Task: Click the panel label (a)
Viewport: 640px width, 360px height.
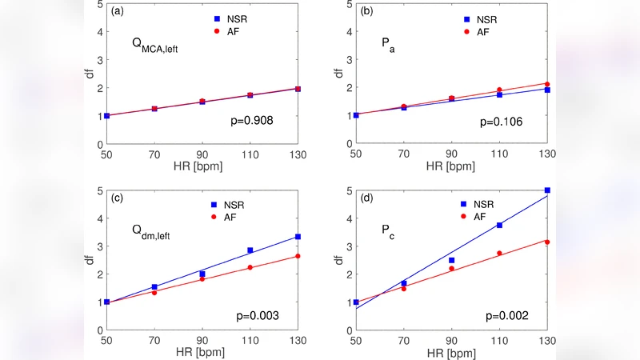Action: click(x=117, y=12)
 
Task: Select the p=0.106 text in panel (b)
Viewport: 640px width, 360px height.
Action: click(x=499, y=122)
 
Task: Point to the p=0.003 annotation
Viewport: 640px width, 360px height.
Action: click(x=252, y=315)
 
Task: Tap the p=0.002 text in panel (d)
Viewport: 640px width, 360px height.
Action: click(x=499, y=315)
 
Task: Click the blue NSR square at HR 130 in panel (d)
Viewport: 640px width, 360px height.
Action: click(x=547, y=190)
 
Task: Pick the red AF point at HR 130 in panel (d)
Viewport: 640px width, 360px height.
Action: click(x=547, y=242)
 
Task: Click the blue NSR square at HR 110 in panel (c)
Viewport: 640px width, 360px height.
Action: click(x=250, y=250)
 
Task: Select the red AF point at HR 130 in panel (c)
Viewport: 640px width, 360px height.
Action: click(x=298, y=256)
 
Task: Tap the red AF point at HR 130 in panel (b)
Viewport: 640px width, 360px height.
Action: click(x=547, y=84)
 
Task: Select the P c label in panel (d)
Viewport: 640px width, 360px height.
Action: click(x=388, y=232)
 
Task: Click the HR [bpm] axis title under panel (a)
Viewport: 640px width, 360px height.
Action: click(x=202, y=166)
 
